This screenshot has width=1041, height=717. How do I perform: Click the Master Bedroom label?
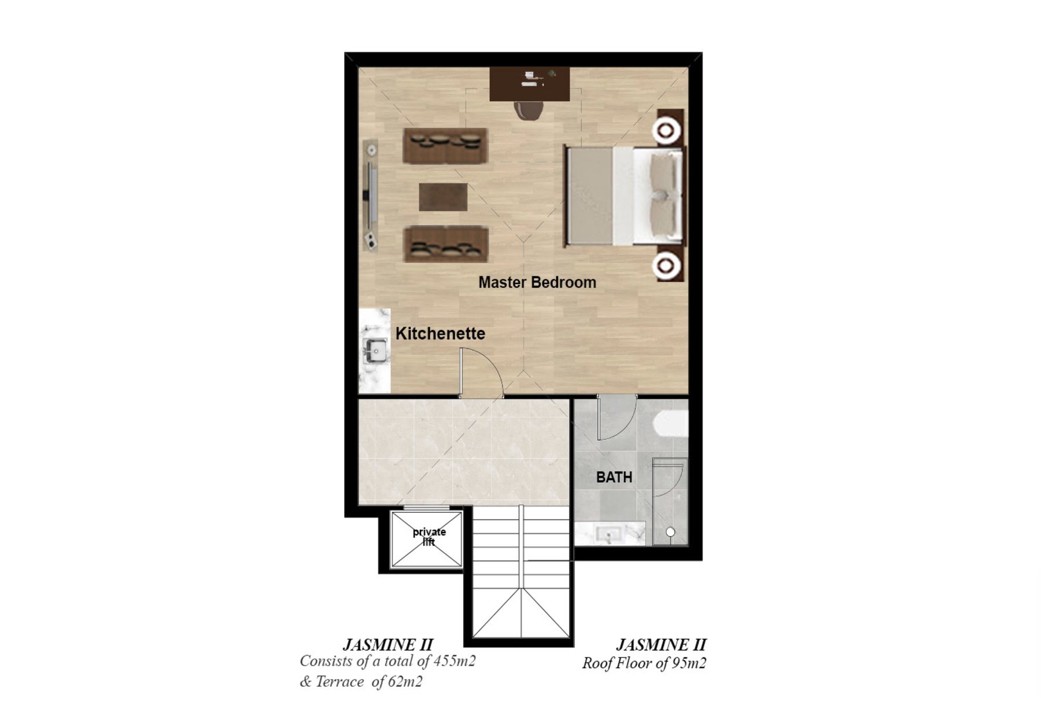click(x=537, y=282)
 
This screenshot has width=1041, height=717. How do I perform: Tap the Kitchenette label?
click(x=440, y=334)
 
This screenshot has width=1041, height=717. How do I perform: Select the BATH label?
click(x=614, y=478)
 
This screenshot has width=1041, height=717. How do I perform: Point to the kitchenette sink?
click(x=375, y=350)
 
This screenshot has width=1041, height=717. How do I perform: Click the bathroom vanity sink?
click(x=609, y=533)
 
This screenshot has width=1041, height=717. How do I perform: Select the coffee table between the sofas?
click(x=443, y=197)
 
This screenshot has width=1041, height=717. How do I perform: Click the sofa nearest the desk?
click(x=445, y=146)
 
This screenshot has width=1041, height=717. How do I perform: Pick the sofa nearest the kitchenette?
click(x=446, y=244)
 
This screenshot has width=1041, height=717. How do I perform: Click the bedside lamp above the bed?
click(x=666, y=130)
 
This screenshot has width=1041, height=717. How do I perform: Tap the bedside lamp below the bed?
click(x=666, y=265)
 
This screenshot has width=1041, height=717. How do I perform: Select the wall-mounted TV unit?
click(x=371, y=194)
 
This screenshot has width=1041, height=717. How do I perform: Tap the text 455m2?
click(x=455, y=661)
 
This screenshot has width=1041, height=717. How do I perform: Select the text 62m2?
click(x=405, y=682)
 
